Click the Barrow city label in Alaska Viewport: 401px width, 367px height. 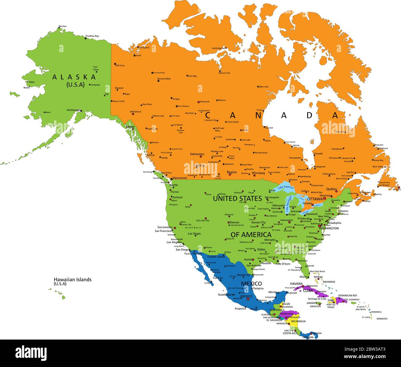63,26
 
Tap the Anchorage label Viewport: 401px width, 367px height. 73,110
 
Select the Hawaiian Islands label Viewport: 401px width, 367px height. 72,279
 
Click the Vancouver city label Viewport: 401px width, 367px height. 180,178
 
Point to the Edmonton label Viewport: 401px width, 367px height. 197,154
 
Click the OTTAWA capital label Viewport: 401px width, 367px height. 315,199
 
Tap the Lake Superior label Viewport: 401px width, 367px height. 286,187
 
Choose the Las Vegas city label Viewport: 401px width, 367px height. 194,233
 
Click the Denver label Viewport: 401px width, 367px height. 234,222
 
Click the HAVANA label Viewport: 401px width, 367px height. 296,283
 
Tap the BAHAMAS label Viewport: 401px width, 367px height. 329,282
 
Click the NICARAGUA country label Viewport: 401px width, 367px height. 298,321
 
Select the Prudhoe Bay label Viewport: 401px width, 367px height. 92,36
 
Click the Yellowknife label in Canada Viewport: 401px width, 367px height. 204,101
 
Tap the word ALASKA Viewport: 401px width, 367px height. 74,77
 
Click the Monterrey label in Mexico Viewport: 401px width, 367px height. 243,275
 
